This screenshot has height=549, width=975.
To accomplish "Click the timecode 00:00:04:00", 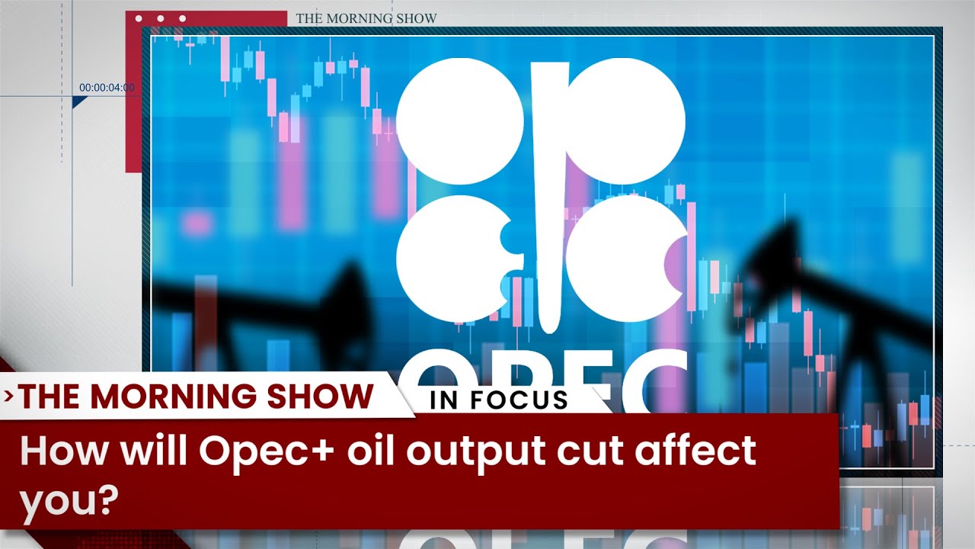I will coord(107,88).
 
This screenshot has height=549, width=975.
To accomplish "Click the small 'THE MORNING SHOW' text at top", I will coord(366,18).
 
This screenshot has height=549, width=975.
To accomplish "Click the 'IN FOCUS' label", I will coord(499,400).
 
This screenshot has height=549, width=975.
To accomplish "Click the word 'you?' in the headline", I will coord(69,501).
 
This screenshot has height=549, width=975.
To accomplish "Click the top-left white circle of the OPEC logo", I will coord(460,120).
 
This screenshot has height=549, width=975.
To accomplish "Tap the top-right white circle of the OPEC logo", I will coord(626,120).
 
